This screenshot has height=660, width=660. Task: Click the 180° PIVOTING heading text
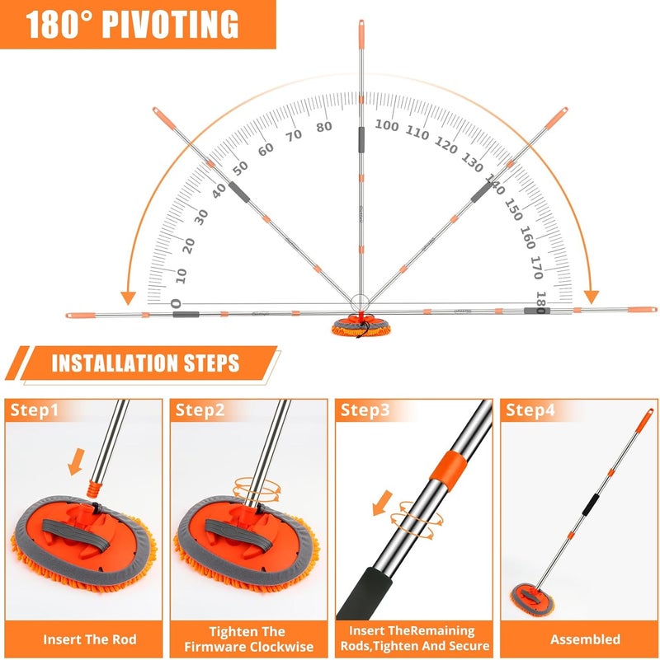(x=132, y=24)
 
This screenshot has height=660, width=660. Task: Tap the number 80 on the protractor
(x=324, y=127)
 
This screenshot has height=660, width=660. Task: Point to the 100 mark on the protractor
(x=386, y=125)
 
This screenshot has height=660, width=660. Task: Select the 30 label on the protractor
(x=201, y=218)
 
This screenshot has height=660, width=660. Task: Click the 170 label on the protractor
(x=536, y=267)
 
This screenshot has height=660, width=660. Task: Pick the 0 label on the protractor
(x=177, y=303)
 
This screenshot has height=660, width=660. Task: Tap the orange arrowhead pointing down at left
(x=128, y=298)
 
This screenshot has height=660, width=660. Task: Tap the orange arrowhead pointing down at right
(x=592, y=297)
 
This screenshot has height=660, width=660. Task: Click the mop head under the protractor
(x=361, y=327)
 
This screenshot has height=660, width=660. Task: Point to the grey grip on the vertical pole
(x=361, y=140)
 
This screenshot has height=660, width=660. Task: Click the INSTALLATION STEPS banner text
(x=146, y=363)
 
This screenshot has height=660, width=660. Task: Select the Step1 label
(x=34, y=410)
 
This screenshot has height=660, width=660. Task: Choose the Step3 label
(x=365, y=410)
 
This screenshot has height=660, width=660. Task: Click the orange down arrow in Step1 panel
(x=76, y=461)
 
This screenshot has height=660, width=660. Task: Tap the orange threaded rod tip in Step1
(x=94, y=489)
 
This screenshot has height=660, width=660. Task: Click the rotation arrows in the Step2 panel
(x=257, y=489)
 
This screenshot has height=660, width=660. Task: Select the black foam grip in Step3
(x=365, y=593)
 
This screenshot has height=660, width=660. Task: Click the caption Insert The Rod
(x=90, y=639)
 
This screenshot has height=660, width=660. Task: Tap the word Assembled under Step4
(x=585, y=639)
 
